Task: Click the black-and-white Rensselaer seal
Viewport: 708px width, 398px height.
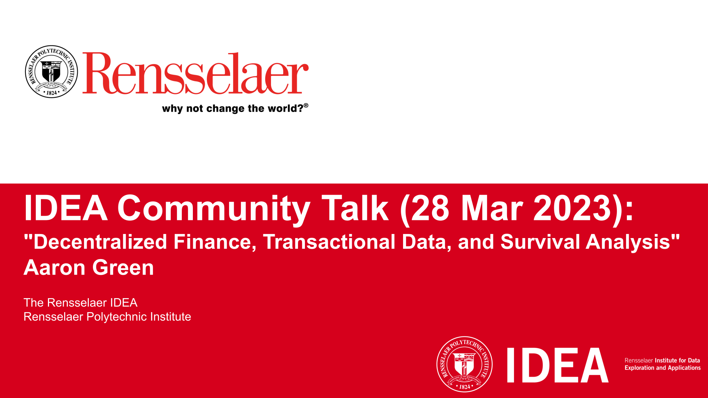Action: pyautogui.click(x=51, y=71)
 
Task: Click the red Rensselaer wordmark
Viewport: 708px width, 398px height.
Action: pyautogui.click(x=195, y=73)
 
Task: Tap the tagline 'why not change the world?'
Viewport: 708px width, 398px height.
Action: pyautogui.click(x=233, y=108)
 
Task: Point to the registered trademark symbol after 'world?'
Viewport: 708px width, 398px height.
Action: pyautogui.click(x=306, y=105)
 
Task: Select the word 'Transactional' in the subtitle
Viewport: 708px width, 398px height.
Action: pyautogui.click(x=329, y=242)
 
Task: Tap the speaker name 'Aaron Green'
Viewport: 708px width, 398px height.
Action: pyautogui.click(x=89, y=268)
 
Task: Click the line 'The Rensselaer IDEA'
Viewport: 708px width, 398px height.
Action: pyautogui.click(x=80, y=303)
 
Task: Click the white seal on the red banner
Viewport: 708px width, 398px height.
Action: pyautogui.click(x=465, y=364)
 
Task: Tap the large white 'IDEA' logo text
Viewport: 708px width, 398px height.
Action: pyautogui.click(x=558, y=365)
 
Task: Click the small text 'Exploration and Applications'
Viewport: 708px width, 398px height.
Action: pyautogui.click(x=663, y=368)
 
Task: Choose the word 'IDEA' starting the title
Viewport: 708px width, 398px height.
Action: pyautogui.click(x=66, y=208)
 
